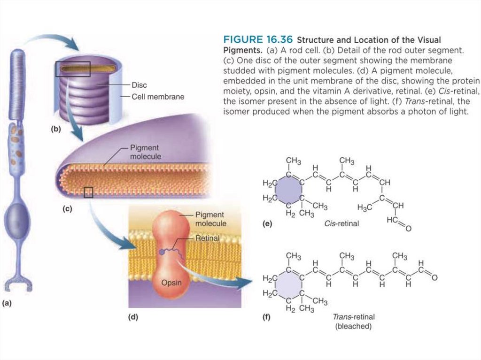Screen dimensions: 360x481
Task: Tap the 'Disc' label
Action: tap(139, 85)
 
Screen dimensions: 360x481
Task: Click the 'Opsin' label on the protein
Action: tap(171, 283)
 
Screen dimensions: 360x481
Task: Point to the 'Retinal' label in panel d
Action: tap(207, 238)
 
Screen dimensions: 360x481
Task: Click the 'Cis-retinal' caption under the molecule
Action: tap(341, 223)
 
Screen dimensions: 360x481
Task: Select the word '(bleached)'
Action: tap(353, 326)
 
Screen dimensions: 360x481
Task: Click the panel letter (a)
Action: tap(7, 303)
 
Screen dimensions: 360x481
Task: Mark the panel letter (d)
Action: tap(133, 317)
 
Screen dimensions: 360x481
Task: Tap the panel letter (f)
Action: tap(267, 317)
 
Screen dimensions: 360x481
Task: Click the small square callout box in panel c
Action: tap(88, 192)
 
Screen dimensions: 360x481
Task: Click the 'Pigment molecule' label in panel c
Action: tap(145, 152)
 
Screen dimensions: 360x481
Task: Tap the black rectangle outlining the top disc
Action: tap(72, 69)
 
